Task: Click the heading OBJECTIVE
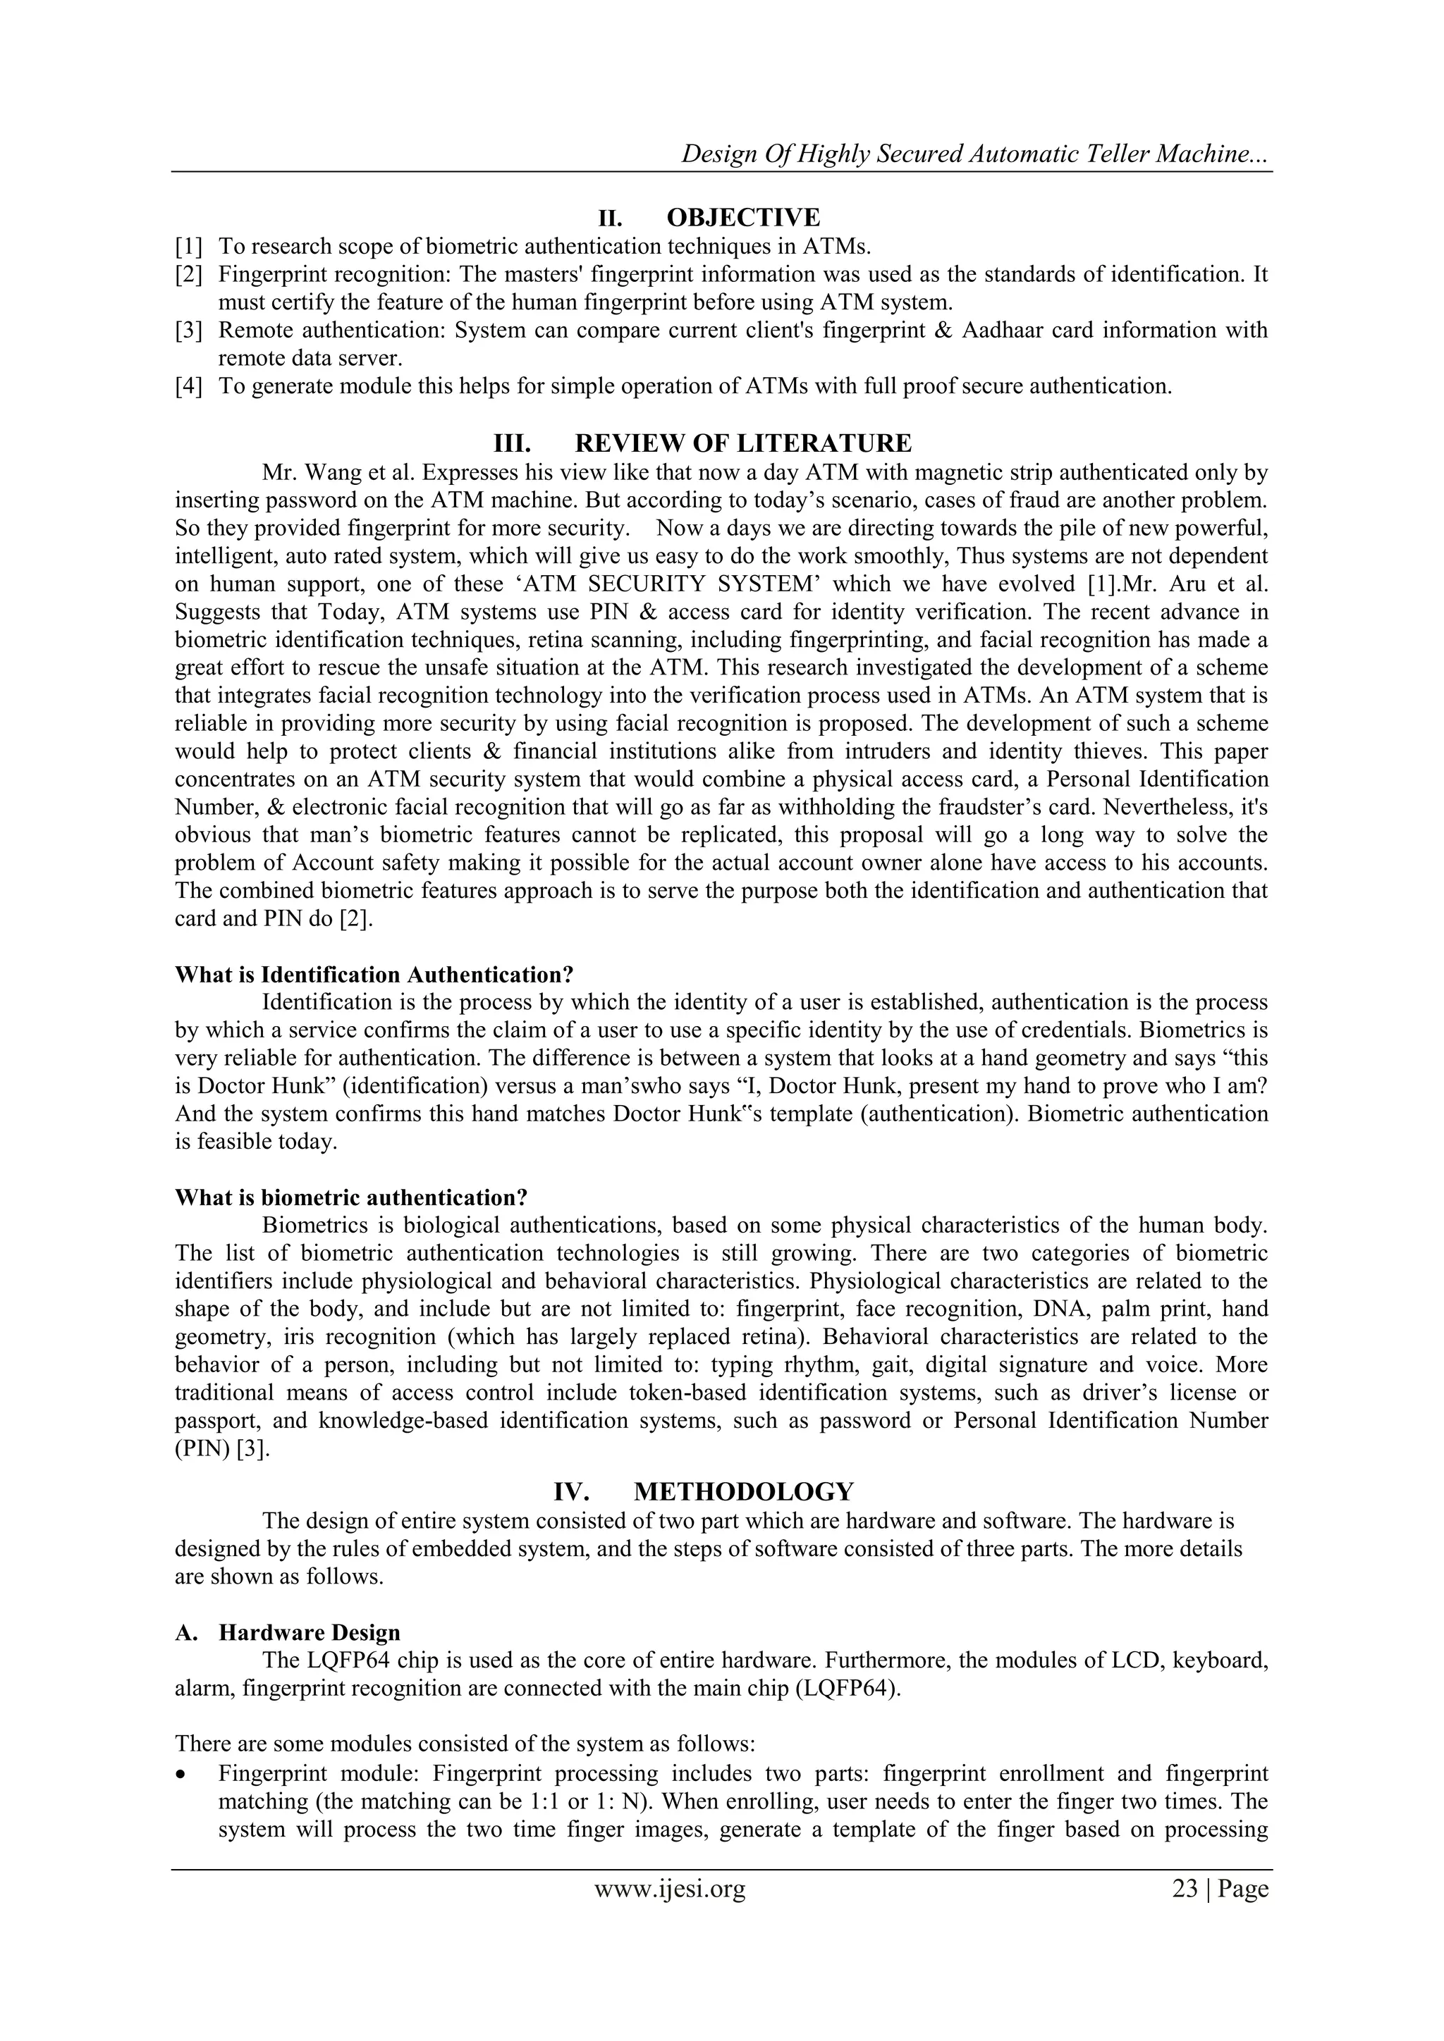pyautogui.click(x=742, y=217)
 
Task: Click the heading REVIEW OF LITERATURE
pyautogui.click(x=742, y=443)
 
